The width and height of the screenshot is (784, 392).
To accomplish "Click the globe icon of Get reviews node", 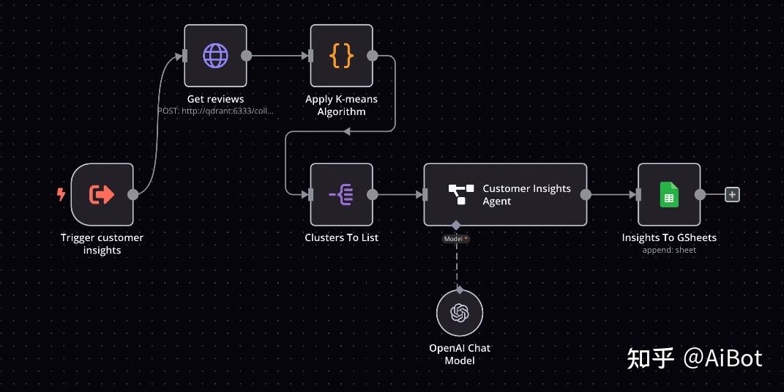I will [x=215, y=56].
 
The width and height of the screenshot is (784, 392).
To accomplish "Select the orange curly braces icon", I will [x=341, y=56].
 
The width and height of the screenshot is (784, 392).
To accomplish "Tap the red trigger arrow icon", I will [x=102, y=194].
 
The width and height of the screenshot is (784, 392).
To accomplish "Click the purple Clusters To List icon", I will [x=341, y=194].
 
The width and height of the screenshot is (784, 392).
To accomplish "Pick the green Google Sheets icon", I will [x=669, y=194].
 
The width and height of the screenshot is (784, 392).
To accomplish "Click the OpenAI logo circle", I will [x=460, y=313].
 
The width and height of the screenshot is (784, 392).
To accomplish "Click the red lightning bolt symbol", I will [x=61, y=194].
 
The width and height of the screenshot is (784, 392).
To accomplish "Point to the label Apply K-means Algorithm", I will [x=342, y=106].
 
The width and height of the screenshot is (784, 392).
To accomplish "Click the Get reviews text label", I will [x=215, y=99].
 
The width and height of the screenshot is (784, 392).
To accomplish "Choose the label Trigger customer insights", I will [x=102, y=244].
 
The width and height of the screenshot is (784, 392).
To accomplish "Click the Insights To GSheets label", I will [x=669, y=237].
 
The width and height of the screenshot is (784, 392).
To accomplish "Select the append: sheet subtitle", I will [x=669, y=250].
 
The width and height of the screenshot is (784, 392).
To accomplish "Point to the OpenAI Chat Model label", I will [x=460, y=354].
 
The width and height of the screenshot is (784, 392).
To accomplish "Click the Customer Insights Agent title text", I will [x=526, y=195].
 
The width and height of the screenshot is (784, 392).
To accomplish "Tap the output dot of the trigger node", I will [x=133, y=194].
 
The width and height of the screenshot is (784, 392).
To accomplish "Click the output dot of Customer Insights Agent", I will [x=586, y=194].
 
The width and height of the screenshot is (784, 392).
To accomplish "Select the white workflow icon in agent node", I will [x=461, y=194].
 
